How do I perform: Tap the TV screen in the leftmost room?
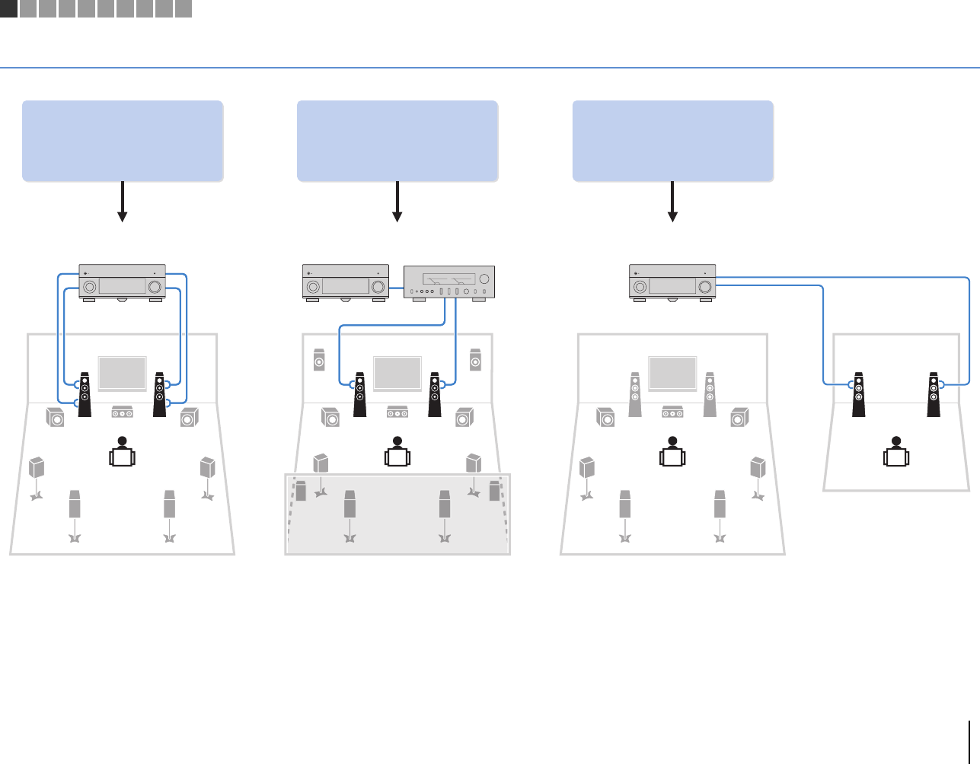point(122,374)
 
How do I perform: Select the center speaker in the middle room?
point(397,412)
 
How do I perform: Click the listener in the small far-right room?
point(896,452)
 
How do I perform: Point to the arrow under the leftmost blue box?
point(122,202)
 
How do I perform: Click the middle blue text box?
point(397,141)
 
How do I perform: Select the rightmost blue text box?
point(673,141)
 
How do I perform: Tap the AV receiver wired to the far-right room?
point(672,282)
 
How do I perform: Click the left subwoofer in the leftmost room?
point(55,417)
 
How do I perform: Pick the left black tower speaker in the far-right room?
point(859,393)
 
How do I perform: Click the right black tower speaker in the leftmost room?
point(159,393)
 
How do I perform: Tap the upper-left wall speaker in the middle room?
point(320,359)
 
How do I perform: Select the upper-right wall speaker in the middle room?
point(475,359)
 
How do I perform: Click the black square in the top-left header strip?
point(8,8)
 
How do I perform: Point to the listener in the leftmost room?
point(122,452)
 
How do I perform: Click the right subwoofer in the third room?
point(739,417)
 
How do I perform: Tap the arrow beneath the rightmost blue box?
point(672,202)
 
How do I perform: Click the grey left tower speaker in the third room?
point(635,393)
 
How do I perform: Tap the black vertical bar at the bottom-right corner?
point(970,742)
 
